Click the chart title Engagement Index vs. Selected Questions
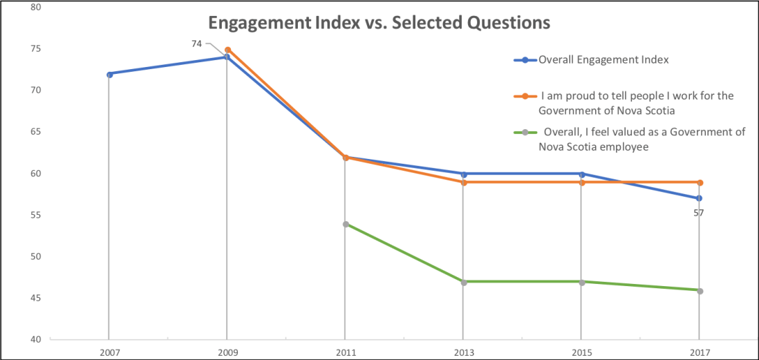(379, 23)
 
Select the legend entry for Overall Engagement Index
(603, 60)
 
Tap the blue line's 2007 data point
(109, 74)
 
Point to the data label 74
(196, 44)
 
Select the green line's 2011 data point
(346, 224)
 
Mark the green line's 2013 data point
(464, 282)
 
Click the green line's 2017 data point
(700, 291)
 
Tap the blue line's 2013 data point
(464, 174)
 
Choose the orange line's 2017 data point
(700, 182)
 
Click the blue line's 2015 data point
(582, 174)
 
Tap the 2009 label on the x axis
(227, 352)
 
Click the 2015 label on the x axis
(582, 352)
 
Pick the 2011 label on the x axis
(346, 352)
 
